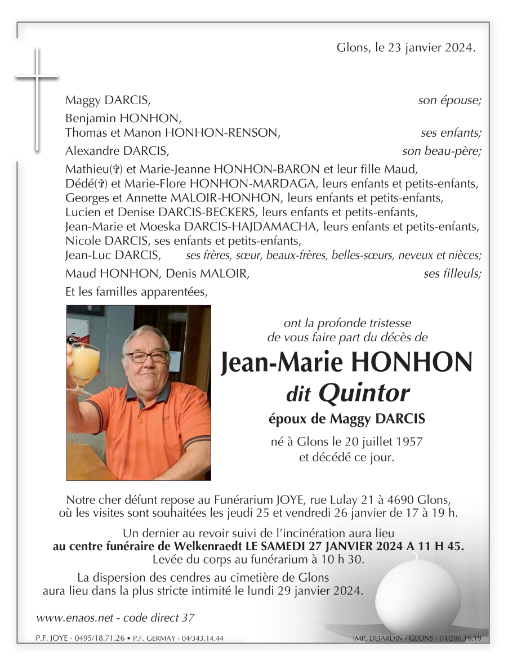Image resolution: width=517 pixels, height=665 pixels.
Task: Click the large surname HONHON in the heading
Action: click(x=411, y=363)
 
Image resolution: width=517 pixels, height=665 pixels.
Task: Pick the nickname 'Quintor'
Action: click(x=364, y=394)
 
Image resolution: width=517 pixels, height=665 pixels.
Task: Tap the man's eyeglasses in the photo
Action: click(x=146, y=357)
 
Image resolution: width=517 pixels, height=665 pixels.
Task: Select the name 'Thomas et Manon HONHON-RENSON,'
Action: click(x=172, y=133)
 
